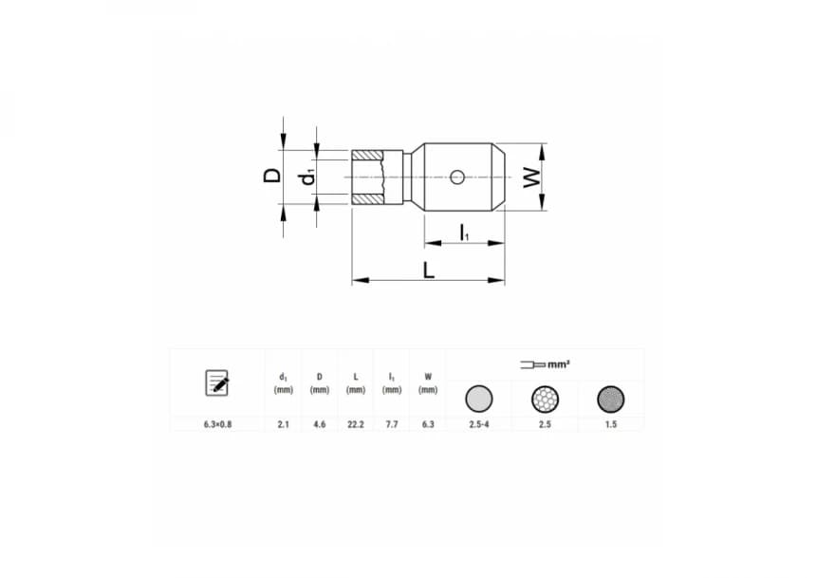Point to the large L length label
tap(429, 270)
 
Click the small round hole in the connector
tap(457, 177)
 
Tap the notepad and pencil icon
tap(217, 382)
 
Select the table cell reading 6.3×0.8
tap(217, 424)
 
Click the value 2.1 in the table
tap(283, 424)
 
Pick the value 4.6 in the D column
tap(319, 424)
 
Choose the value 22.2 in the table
tap(356, 424)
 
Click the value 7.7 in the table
tap(392, 424)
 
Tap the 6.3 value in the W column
tap(428, 424)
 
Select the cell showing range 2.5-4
tap(479, 424)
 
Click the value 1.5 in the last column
tap(610, 424)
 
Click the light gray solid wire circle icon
tap(479, 399)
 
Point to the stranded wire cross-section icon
tap(545, 399)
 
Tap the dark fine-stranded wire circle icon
tap(610, 399)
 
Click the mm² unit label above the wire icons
tap(559, 364)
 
